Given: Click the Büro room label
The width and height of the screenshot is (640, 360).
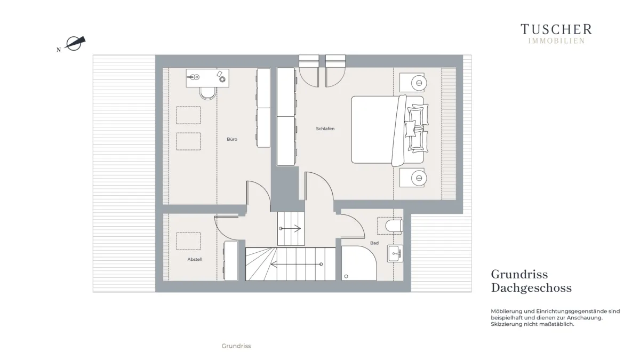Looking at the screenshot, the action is [232, 139].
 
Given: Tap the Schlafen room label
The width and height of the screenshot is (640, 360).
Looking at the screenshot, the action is [325, 129].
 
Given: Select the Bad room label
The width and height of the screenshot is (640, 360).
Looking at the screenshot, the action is [374, 243].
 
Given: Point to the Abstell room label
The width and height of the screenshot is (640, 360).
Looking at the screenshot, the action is [195, 259].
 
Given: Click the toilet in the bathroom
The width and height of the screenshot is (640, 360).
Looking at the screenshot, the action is [394, 226].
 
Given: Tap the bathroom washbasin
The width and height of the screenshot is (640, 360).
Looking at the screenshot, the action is [395, 253].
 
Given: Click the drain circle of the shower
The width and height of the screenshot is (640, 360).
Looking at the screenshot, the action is [346, 276].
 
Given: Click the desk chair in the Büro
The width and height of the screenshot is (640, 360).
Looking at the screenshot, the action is [207, 93].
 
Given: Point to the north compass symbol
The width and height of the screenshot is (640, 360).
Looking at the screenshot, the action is [75, 43].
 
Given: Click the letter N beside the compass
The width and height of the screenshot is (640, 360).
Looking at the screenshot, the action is [59, 50].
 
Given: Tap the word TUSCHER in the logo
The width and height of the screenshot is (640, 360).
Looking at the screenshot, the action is [556, 29].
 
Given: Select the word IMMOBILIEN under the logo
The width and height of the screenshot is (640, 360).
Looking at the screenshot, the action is [556, 41].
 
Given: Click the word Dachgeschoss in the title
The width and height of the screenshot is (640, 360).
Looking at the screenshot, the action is [531, 287].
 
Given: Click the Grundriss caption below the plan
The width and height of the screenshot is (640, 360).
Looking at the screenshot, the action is [236, 346].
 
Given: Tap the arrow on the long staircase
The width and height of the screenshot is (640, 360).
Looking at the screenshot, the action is [297, 265].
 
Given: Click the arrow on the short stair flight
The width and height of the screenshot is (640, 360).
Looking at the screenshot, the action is [290, 229].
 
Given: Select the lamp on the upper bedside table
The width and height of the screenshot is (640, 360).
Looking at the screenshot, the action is [419, 83].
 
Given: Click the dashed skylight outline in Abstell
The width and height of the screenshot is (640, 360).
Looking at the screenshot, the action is [189, 242].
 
